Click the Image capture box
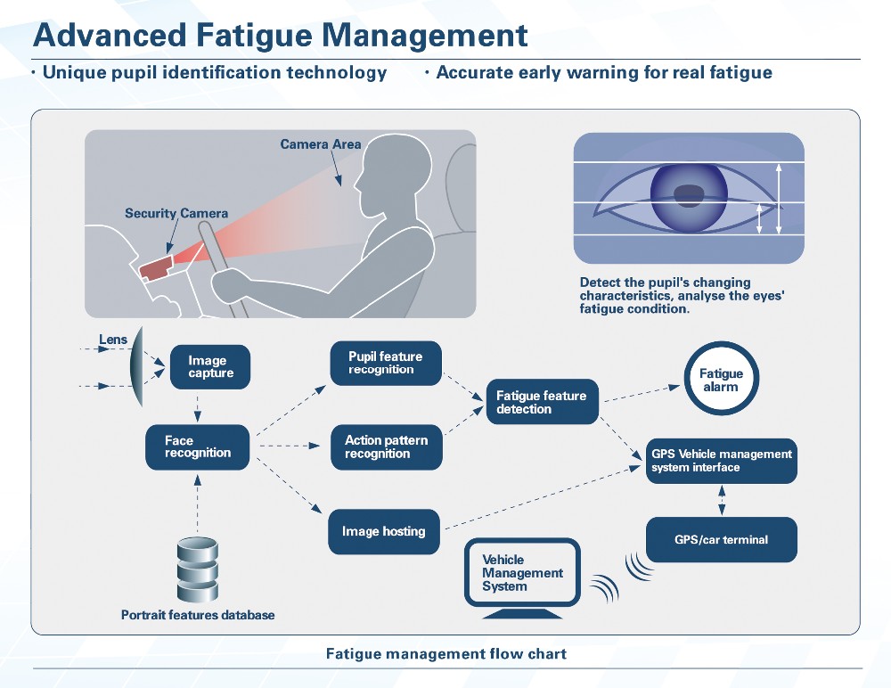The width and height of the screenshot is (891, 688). tap(210, 367)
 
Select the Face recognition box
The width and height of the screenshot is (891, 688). tap(198, 446)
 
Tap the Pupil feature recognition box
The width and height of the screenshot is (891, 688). tap(386, 363)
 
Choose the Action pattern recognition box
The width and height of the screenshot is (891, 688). tap(386, 446)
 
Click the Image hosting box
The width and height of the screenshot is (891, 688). tap(385, 531)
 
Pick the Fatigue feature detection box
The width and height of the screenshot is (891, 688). tap(542, 402)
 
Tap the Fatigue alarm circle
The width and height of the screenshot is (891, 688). tap(721, 381)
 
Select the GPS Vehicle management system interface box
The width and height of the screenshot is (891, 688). tap(722, 461)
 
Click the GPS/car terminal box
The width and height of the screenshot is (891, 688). tap(721, 539)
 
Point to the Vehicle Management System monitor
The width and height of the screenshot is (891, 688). tap(522, 574)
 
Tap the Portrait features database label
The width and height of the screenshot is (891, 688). tap(198, 615)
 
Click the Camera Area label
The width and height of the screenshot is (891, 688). tap(321, 144)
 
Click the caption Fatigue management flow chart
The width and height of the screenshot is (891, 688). tap(445, 654)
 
